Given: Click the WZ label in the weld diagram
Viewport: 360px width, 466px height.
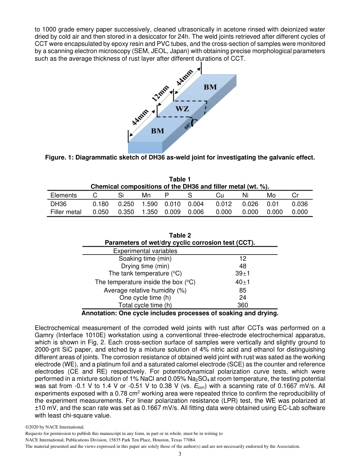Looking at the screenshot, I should (x=182, y=109).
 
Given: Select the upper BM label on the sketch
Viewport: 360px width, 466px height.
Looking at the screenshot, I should (x=210, y=87).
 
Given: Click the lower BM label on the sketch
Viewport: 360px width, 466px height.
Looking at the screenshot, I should (x=158, y=131).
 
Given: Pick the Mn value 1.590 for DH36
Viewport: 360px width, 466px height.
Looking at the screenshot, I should (x=149, y=204).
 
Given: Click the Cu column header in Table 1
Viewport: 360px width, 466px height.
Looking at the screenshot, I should (x=220, y=195).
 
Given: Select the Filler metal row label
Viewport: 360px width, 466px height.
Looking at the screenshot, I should (x=66, y=212).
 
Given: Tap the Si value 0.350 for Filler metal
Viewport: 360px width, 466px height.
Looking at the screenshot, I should (x=126, y=212).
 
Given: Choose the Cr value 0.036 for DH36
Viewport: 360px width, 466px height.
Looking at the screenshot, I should (x=300, y=204).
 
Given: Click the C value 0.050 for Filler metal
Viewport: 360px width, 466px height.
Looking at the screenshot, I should (x=100, y=212).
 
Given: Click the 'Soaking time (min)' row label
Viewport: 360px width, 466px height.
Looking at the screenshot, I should (x=145, y=258).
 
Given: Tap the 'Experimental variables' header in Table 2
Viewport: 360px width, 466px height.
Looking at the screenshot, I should (x=145, y=251).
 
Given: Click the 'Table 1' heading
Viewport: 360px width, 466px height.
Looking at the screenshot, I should (x=180, y=179).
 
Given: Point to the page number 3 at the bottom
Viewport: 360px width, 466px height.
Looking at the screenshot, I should (x=180, y=454).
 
